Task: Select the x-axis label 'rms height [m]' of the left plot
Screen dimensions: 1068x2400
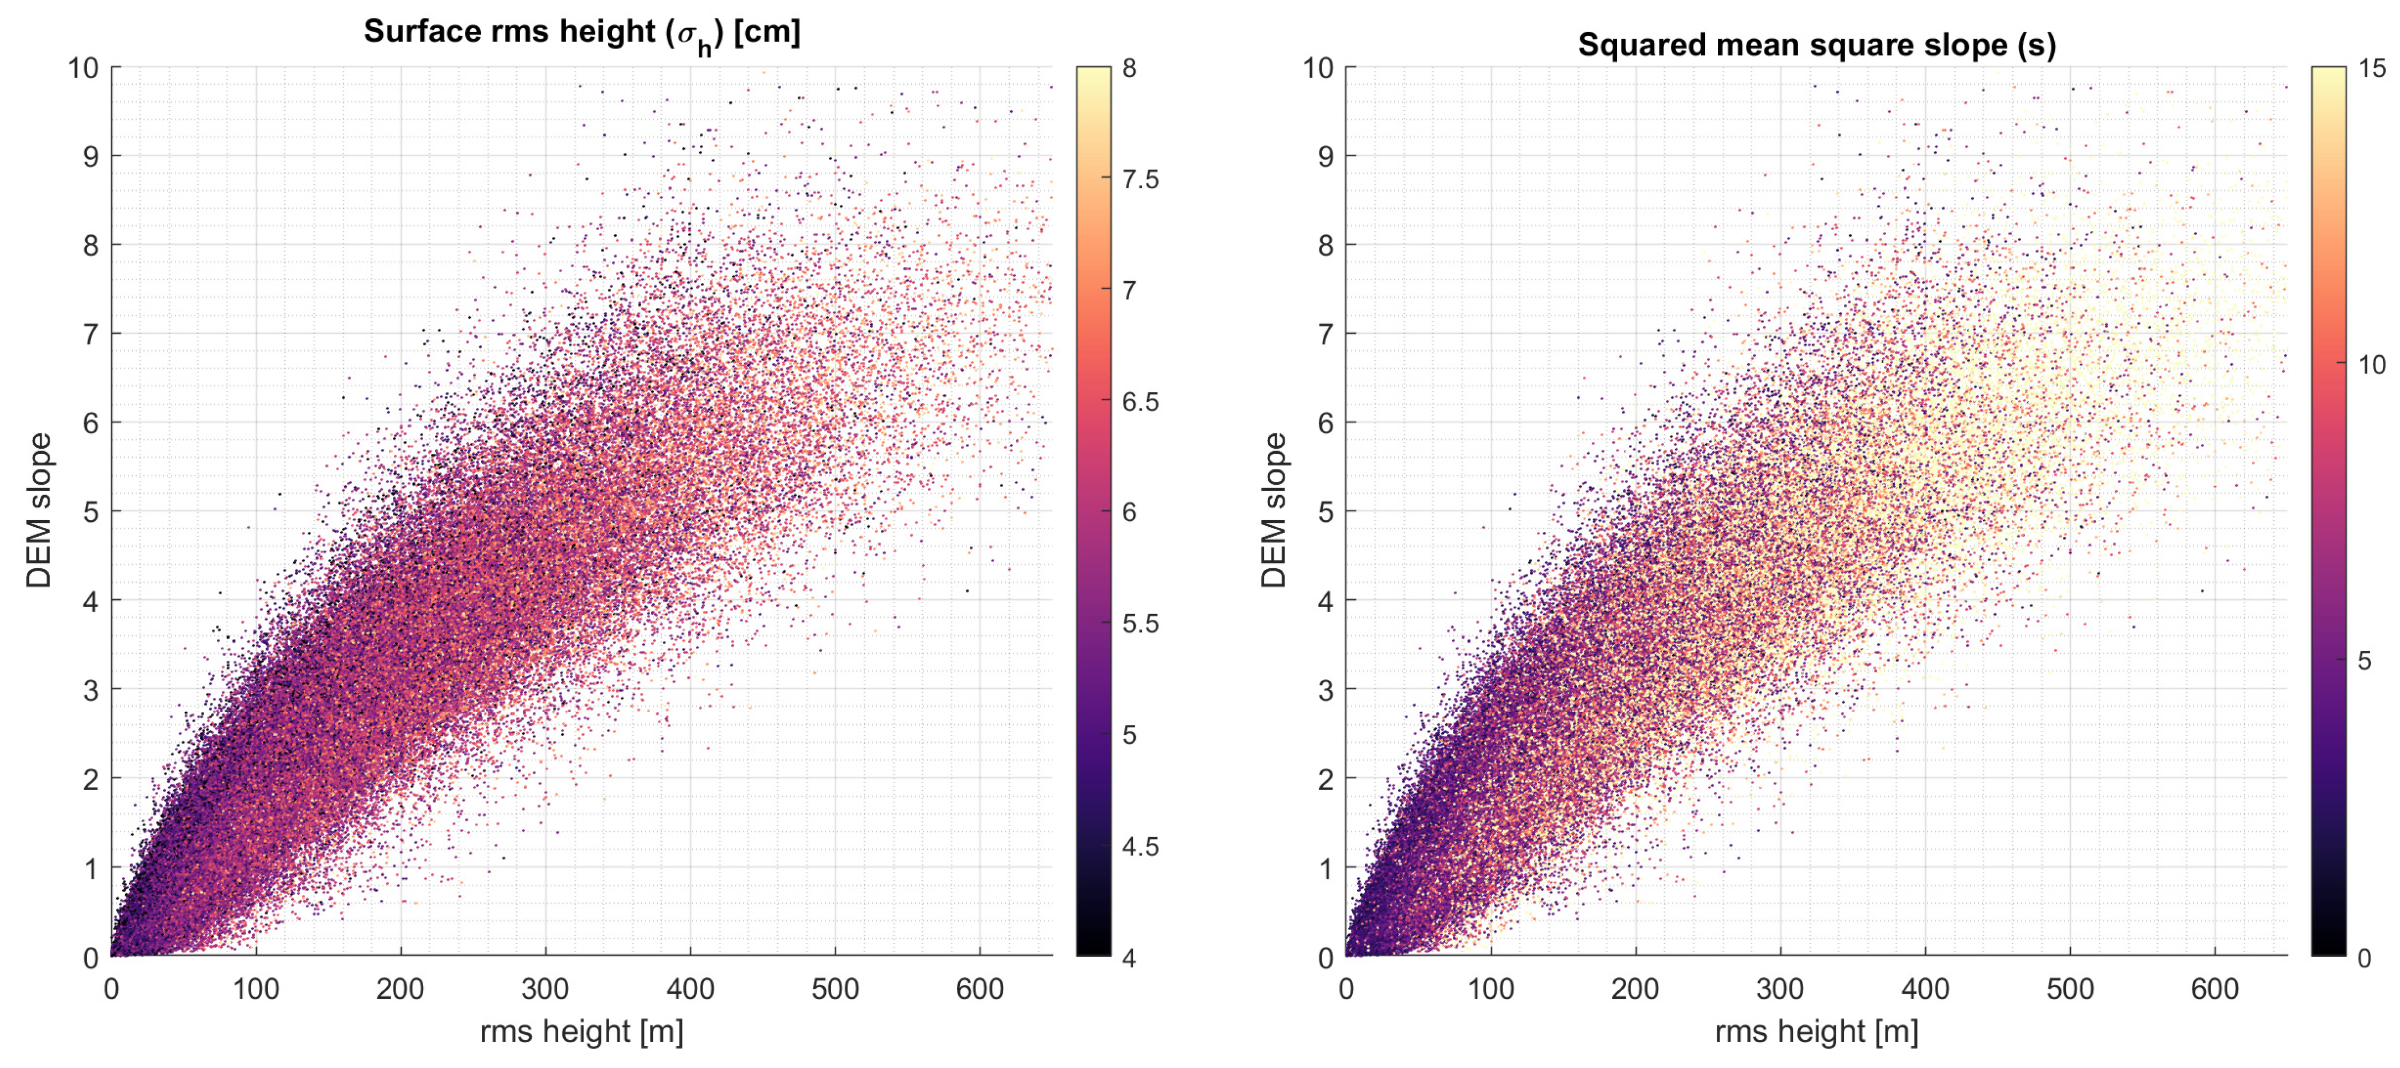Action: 581,1031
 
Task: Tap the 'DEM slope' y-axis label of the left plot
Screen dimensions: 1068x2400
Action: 39,511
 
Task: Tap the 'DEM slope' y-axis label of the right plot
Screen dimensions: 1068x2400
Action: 1274,511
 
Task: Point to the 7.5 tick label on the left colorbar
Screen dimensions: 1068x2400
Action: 1140,179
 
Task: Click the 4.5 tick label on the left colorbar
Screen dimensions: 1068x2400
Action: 1140,846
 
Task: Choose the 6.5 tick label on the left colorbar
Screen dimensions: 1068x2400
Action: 1140,402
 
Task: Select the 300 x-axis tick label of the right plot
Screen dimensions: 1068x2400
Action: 1779,989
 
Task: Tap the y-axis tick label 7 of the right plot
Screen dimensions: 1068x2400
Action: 1325,334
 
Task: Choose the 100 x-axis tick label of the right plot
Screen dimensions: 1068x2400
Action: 1490,989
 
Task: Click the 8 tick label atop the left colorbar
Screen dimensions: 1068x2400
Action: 1129,68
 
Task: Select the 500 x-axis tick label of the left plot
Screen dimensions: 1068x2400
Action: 835,989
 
